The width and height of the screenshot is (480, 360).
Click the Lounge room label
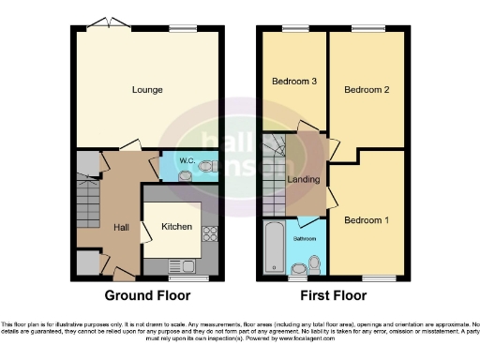coord(148,90)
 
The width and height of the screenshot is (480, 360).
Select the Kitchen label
coord(176,226)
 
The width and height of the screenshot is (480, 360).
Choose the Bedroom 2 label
coord(366,90)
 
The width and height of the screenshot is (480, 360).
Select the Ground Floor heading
coord(148,294)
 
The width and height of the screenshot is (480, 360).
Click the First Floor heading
coord(333,294)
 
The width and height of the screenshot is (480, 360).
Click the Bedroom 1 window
coord(373,277)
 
